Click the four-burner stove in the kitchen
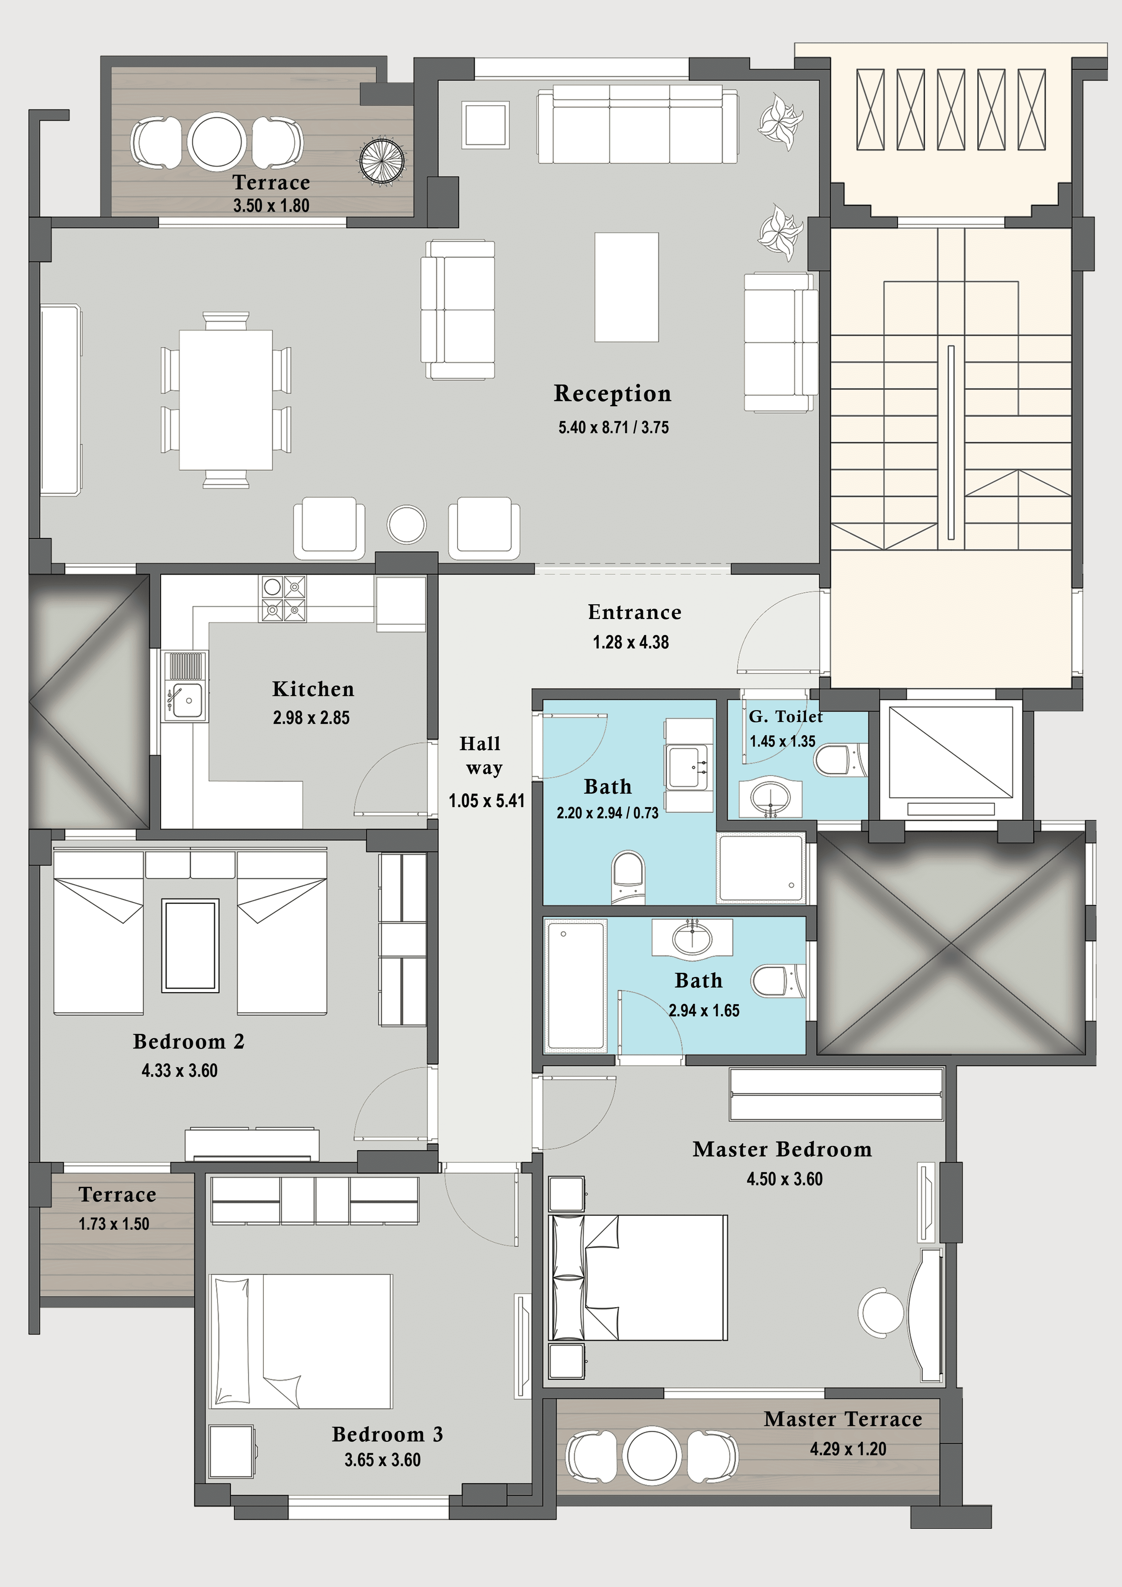click(x=282, y=599)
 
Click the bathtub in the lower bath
click(x=575, y=985)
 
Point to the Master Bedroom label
click(x=782, y=1149)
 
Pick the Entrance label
click(x=634, y=612)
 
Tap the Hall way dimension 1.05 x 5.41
click(x=486, y=800)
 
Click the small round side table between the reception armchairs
click(x=407, y=525)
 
